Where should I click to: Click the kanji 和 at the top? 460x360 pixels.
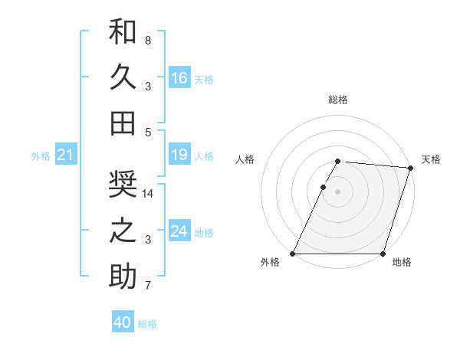123,33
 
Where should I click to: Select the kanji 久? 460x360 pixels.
123,77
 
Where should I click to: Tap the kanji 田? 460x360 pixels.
123,123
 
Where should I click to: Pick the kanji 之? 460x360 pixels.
123,231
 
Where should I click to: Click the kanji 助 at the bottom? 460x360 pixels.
123,276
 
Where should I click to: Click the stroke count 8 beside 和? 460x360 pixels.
147,40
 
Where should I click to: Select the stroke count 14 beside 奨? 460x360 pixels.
148,194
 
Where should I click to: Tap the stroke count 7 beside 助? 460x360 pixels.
147,286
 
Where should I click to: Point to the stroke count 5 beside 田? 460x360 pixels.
147,132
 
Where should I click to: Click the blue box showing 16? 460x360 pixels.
179,78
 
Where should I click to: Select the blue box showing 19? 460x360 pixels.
179,155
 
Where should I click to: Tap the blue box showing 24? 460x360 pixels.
179,231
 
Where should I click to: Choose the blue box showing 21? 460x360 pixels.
65,155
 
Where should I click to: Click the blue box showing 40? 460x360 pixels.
123,322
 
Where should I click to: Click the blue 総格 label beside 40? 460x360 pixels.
147,323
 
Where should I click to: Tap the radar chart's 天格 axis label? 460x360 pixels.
431,159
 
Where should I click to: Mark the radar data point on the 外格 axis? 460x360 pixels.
293,254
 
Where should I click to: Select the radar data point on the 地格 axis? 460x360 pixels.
382,254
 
